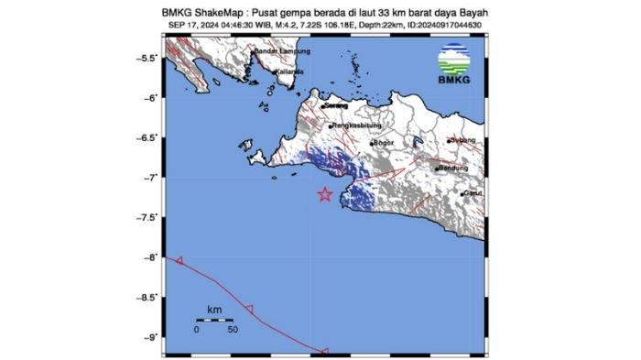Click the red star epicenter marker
point(325,194)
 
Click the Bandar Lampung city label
point(278,51)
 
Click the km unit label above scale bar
point(214,310)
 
